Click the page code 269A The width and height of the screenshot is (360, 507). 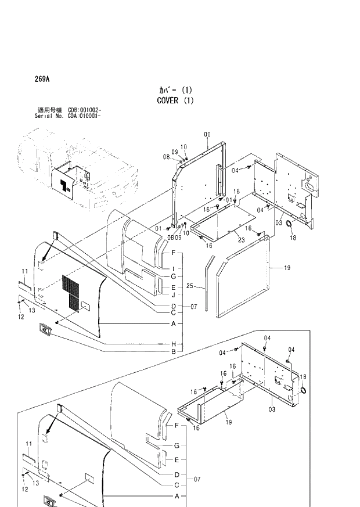pos(41,80)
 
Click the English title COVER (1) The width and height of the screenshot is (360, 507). pos(175,100)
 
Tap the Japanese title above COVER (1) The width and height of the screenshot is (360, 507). pos(175,90)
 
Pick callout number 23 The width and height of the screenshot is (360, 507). pos(241,239)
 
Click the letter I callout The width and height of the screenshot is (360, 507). pos(173,269)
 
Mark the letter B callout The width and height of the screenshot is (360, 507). pos(173,352)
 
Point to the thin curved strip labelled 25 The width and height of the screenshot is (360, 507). pos(206,287)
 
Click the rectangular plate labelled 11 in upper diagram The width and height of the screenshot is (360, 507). pos(24,286)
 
